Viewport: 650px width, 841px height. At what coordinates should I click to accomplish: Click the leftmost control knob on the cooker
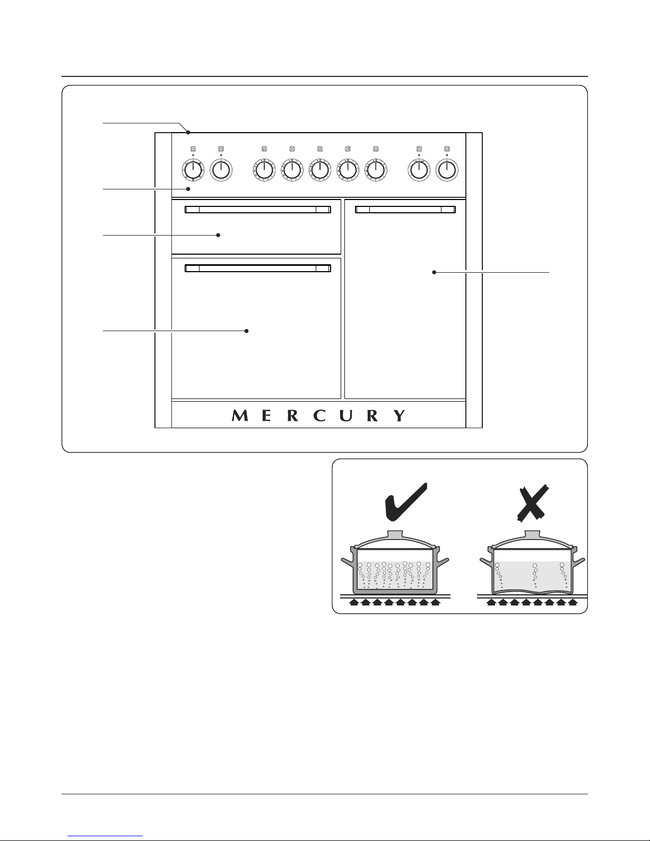click(x=193, y=170)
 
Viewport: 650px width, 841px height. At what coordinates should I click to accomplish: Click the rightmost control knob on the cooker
click(x=447, y=170)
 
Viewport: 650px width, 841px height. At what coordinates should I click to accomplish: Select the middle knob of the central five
click(x=320, y=170)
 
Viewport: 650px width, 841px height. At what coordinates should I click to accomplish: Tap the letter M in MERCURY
click(x=240, y=415)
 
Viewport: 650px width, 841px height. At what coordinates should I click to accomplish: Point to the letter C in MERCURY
click(x=320, y=415)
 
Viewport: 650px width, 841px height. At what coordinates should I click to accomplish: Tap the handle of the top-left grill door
click(x=258, y=210)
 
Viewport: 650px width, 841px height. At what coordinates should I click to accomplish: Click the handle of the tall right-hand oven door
click(x=405, y=210)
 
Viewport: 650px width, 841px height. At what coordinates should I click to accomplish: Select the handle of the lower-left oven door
click(x=258, y=268)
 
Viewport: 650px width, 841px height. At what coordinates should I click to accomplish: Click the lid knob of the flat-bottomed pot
click(x=395, y=534)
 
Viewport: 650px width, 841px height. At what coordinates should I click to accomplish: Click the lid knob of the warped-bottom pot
click(x=532, y=534)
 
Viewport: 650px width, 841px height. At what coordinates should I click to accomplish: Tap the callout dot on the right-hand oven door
click(x=434, y=273)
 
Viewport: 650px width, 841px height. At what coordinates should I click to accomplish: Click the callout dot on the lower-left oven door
click(x=246, y=331)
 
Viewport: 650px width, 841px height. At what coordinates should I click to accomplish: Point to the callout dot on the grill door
click(x=218, y=235)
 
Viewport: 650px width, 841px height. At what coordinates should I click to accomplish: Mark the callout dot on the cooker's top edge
click(x=188, y=132)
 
